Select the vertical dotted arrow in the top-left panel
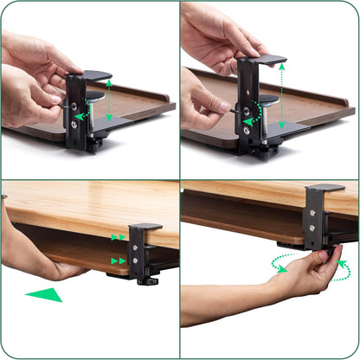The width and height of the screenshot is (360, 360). pos(109,99)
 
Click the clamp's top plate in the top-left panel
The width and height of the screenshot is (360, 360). pos(94,75)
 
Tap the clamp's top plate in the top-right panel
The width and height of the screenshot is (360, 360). pos(265,60)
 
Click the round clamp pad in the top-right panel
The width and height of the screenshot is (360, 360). pos(268,100)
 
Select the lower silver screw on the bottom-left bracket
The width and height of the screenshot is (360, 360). pos(135,258)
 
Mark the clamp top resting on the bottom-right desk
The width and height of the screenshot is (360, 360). pos(325,188)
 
